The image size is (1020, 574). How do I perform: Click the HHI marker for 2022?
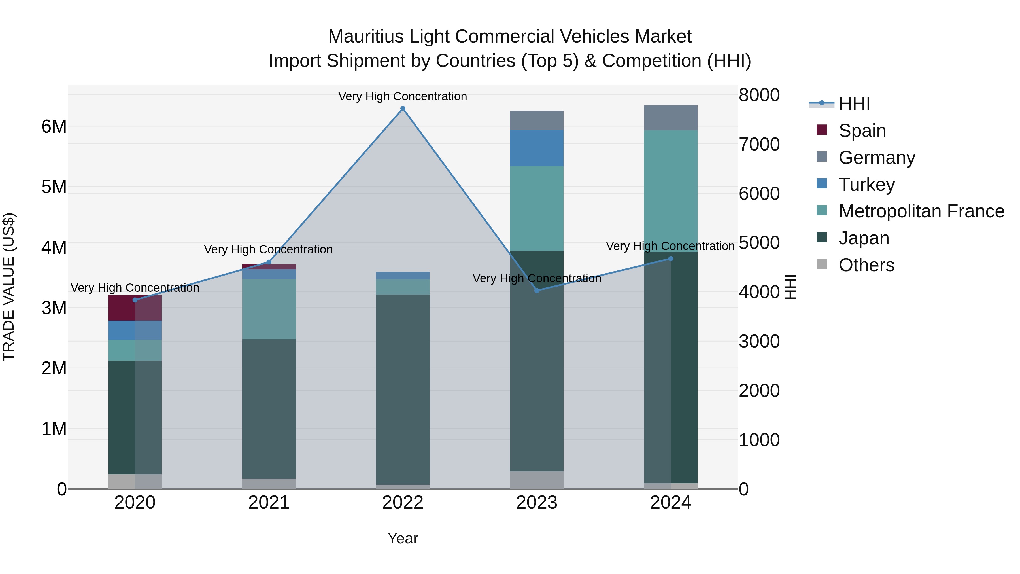click(403, 109)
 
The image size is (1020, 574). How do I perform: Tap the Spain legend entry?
click(862, 131)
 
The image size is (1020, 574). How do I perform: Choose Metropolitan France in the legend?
click(921, 211)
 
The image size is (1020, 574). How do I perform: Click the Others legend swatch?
click(822, 264)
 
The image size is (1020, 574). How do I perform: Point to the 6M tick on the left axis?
click(54, 127)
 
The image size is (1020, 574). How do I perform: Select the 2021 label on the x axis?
click(269, 503)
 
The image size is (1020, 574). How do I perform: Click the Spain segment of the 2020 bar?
click(135, 308)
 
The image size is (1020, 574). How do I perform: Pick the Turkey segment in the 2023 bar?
click(537, 148)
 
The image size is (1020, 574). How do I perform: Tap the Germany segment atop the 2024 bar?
click(670, 118)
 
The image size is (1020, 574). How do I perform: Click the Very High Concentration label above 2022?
click(402, 96)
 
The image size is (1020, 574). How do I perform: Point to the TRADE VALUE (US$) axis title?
click(9, 287)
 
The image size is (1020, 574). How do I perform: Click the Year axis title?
click(403, 538)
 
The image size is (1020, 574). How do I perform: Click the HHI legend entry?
click(854, 104)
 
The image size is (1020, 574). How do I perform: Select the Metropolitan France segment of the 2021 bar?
click(269, 309)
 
